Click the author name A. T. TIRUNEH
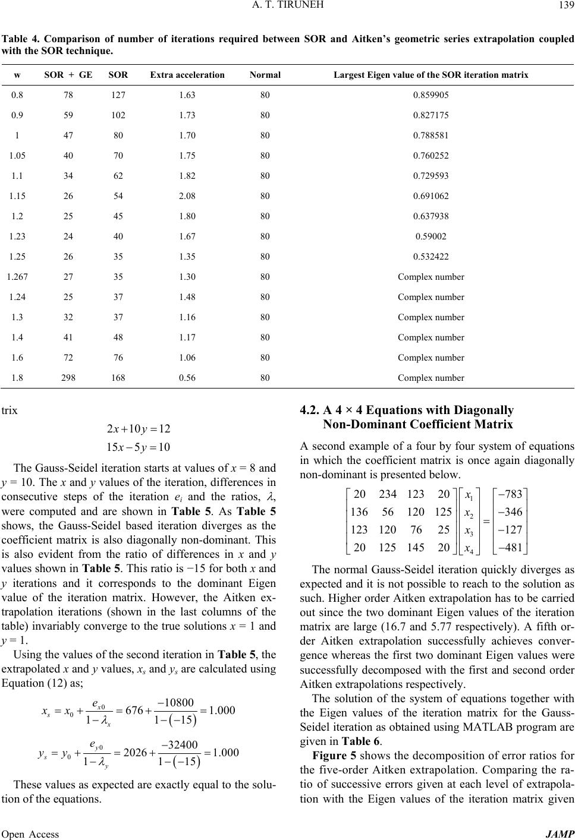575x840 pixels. click(288, 6)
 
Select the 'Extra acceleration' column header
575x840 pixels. click(187, 75)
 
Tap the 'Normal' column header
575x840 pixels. click(265, 75)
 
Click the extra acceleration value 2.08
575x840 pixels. click(187, 195)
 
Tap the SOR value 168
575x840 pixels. click(118, 377)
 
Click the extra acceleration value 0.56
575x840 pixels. click(187, 377)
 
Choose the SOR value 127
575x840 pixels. click(118, 94)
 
